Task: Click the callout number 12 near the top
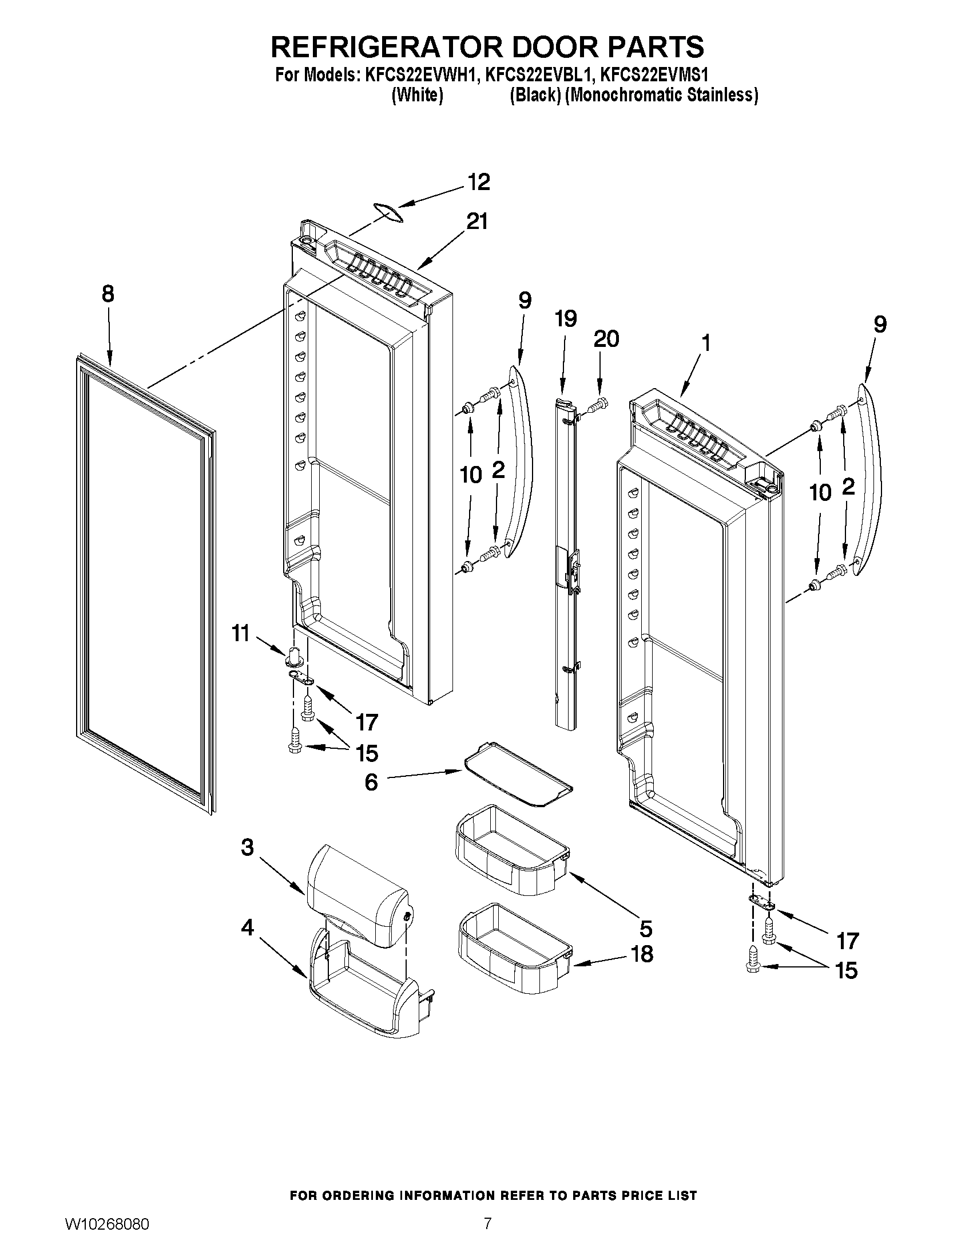click(x=478, y=181)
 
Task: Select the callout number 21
click(x=476, y=221)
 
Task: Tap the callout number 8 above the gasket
click(x=108, y=294)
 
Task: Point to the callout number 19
click(x=566, y=318)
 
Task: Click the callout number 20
click(x=606, y=339)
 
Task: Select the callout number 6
click(x=371, y=783)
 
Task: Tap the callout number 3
click(x=247, y=847)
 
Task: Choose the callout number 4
click(x=247, y=928)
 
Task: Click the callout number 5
click(x=646, y=929)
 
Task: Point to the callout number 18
click(x=642, y=954)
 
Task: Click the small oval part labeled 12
click(x=387, y=211)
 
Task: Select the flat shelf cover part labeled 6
click(x=518, y=775)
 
